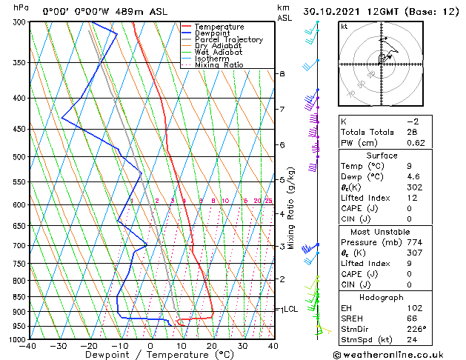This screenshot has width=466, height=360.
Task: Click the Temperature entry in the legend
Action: click(x=219, y=27)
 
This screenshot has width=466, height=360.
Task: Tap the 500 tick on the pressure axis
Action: click(x=19, y=157)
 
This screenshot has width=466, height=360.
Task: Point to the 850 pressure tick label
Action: click(x=19, y=297)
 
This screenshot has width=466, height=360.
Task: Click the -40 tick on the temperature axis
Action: click(x=28, y=345)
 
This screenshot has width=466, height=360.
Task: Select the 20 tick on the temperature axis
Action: click(x=211, y=345)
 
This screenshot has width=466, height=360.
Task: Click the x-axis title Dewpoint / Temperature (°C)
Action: click(x=150, y=355)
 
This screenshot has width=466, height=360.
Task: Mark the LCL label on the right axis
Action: click(x=291, y=309)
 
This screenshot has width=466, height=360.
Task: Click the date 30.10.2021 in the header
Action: click(x=357, y=12)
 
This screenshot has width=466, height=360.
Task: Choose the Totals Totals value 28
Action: click(x=413, y=131)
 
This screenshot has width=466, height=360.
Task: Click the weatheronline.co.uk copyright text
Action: click(x=397, y=354)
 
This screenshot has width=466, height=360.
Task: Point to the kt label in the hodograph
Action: click(x=344, y=27)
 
